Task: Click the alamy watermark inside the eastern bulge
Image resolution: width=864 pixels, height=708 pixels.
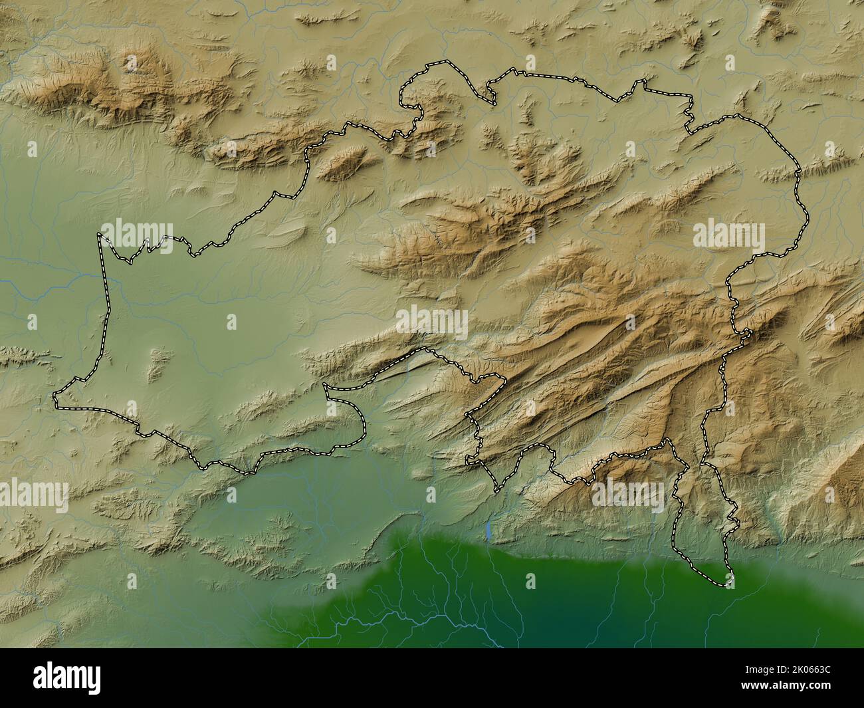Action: (729, 236)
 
